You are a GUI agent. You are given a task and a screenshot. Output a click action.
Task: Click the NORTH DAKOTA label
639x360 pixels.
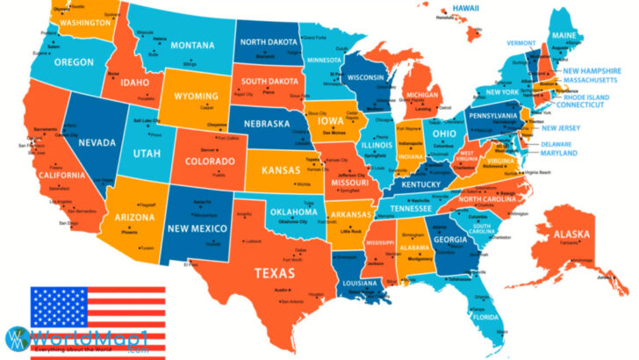269,42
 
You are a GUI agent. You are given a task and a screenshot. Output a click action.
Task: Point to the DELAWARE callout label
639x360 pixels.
556,143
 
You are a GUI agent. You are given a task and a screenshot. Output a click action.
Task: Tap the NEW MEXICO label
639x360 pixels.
197,228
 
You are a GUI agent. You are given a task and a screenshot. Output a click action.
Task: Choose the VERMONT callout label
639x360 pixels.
521,42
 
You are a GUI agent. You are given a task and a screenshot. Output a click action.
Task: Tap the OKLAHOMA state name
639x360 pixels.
293,212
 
